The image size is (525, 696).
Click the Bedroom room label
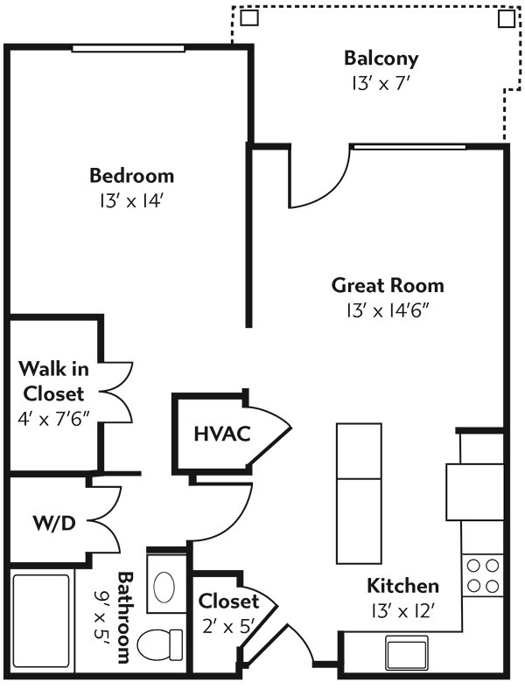click(132, 176)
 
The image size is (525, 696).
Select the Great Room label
click(388, 285)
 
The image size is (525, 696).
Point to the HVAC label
click(222, 434)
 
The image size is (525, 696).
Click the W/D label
click(54, 524)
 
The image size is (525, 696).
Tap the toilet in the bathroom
click(160, 645)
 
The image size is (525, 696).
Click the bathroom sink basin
click(164, 587)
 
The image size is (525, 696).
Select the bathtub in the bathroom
click(41, 622)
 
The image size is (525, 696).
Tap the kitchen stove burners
click(483, 576)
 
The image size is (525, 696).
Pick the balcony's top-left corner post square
click(249, 17)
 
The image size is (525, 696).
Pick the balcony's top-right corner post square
click(506, 18)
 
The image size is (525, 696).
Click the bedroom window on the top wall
click(129, 48)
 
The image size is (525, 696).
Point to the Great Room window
click(408, 147)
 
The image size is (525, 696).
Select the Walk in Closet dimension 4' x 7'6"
click(53, 419)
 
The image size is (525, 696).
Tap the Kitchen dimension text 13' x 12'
click(402, 612)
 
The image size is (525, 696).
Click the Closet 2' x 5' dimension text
click(227, 627)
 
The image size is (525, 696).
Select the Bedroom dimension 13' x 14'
click(129, 201)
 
